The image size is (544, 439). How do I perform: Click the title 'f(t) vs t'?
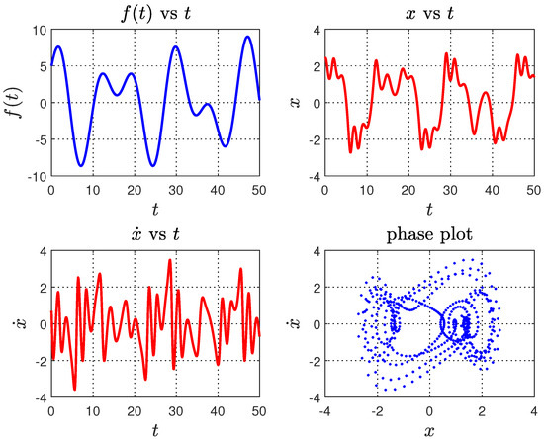point(154,14)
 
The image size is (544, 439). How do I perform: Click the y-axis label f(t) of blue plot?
point(13,103)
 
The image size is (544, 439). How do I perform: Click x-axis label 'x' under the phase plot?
point(428,428)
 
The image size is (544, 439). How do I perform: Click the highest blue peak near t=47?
point(246,37)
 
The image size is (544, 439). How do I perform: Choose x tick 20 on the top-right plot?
point(408,187)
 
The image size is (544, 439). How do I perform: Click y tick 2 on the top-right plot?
point(312,66)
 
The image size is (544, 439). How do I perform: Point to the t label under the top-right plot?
point(428,207)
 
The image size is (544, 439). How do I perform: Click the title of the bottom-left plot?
point(154,236)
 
